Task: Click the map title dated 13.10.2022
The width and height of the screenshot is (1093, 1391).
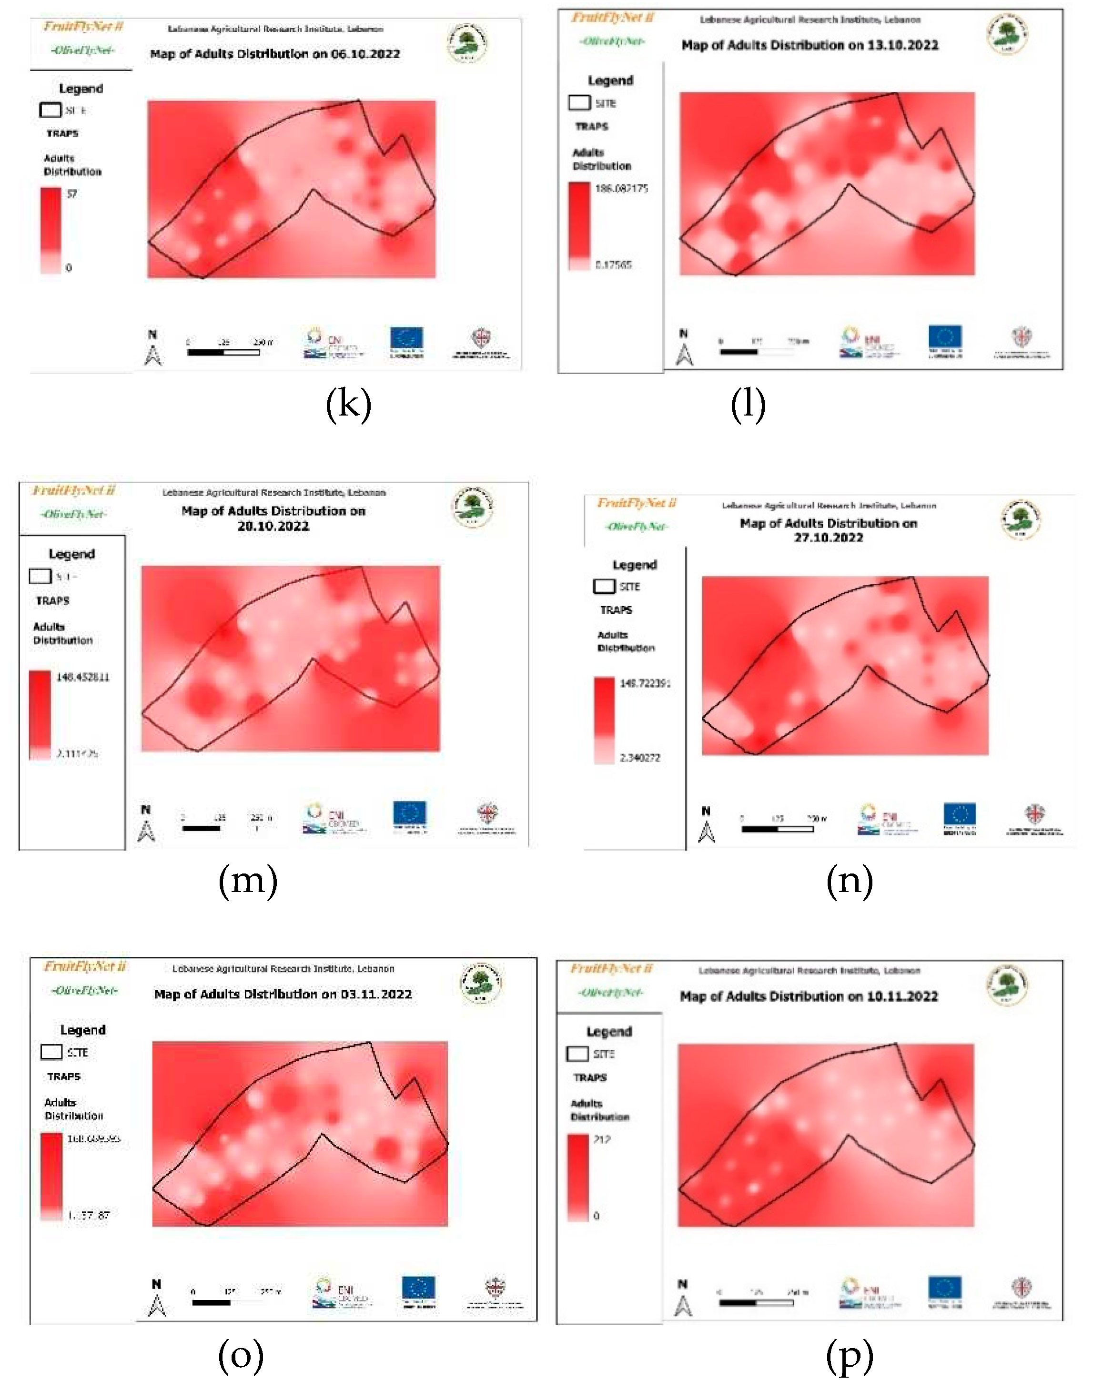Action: click(x=810, y=45)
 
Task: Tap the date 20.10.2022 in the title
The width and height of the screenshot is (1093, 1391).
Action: click(x=273, y=526)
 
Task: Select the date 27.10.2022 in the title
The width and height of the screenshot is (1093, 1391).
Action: click(x=828, y=538)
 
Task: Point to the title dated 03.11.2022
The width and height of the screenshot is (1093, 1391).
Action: click(x=283, y=994)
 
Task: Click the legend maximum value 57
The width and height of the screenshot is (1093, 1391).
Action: click(x=71, y=194)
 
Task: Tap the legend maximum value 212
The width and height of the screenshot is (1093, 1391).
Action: click(x=602, y=1139)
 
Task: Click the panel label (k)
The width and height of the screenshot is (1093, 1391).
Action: click(x=348, y=405)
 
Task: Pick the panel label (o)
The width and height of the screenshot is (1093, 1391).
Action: click(x=241, y=1355)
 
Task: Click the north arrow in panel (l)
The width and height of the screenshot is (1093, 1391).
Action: click(x=684, y=354)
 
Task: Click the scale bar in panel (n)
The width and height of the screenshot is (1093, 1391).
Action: click(x=778, y=829)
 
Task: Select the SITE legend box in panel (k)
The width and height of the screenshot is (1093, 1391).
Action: click(x=50, y=110)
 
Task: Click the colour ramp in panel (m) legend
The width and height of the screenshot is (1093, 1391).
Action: click(x=40, y=714)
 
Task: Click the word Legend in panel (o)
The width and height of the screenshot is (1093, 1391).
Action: click(x=82, y=1030)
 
